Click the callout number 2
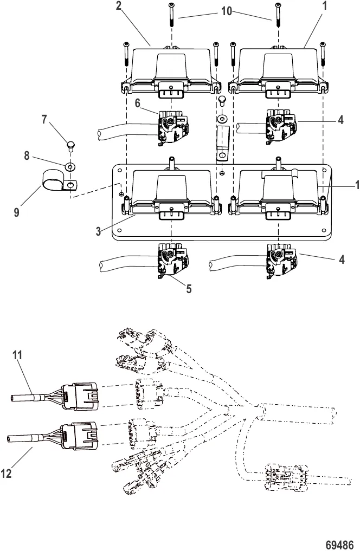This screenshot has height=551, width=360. coord(119,6)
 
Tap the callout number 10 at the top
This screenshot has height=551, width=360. coord(227,11)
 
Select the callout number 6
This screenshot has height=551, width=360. coord(138,103)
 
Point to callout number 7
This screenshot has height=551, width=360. coord(44,120)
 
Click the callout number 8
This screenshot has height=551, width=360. coord(27,155)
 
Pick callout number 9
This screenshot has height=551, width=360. coord(16,212)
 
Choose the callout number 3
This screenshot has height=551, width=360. coord(99,231)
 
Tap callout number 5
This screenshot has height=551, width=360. coord(189,289)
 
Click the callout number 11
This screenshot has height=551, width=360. coord(17,355)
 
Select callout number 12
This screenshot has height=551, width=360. coord(7,474)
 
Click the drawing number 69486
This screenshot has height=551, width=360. coord(339,545)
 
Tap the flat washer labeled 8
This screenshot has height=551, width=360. coord(70,165)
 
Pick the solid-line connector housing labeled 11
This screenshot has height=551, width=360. coord(80,396)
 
